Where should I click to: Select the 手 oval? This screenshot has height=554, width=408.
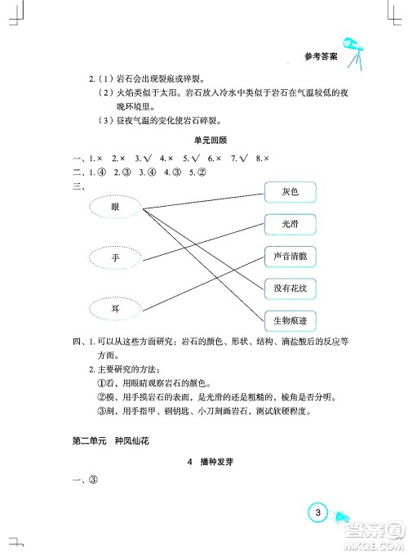pos(115,257)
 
